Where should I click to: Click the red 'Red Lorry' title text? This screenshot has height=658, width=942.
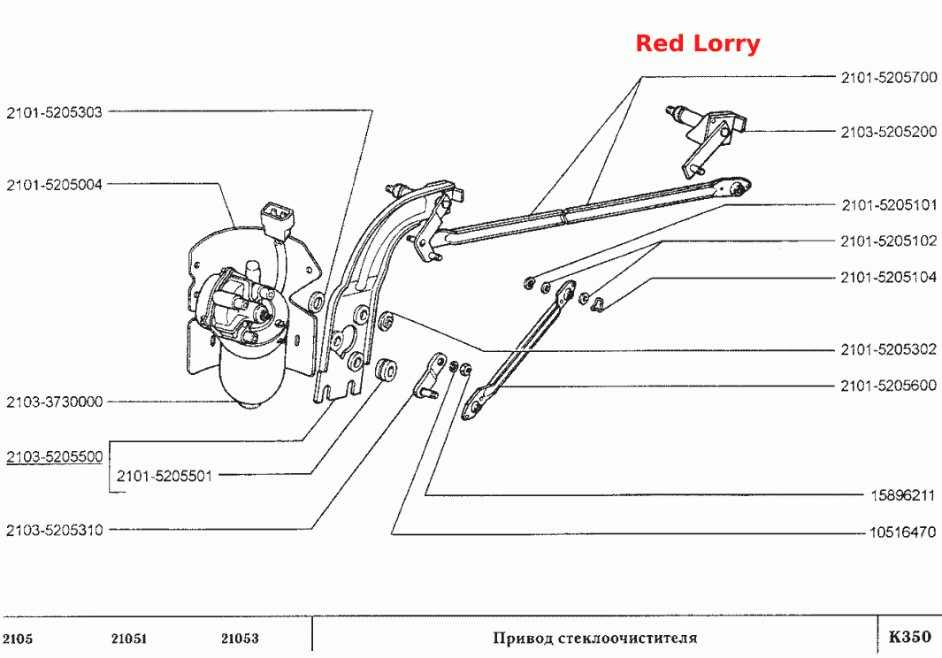pyautogui.click(x=698, y=43)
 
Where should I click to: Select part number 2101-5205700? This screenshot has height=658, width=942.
pyautogui.click(x=889, y=78)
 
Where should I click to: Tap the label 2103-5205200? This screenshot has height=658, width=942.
pyautogui.click(x=889, y=132)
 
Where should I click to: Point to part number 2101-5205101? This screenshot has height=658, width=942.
pyautogui.click(x=889, y=205)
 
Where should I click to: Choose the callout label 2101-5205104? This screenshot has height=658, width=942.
pyautogui.click(x=889, y=277)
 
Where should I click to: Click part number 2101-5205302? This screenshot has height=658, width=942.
pyautogui.click(x=889, y=349)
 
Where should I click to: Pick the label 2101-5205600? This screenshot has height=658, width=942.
pyautogui.click(x=889, y=386)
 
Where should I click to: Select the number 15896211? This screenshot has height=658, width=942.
pyautogui.click(x=903, y=496)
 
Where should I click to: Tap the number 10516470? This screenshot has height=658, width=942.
pyautogui.click(x=902, y=532)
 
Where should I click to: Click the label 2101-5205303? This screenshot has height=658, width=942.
pyautogui.click(x=55, y=112)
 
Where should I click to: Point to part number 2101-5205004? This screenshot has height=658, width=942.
pyautogui.click(x=55, y=185)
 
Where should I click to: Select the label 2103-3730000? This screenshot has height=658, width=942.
pyautogui.click(x=55, y=402)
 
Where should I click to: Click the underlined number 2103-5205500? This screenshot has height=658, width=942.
pyautogui.click(x=55, y=456)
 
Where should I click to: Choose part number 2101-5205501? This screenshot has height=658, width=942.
pyautogui.click(x=165, y=476)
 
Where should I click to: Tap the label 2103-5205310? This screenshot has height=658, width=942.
pyautogui.click(x=55, y=530)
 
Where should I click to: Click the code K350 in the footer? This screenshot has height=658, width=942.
pyautogui.click(x=909, y=637)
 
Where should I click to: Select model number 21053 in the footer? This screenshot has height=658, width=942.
pyautogui.click(x=240, y=639)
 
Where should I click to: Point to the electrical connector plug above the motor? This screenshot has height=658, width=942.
pyautogui.click(x=276, y=218)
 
